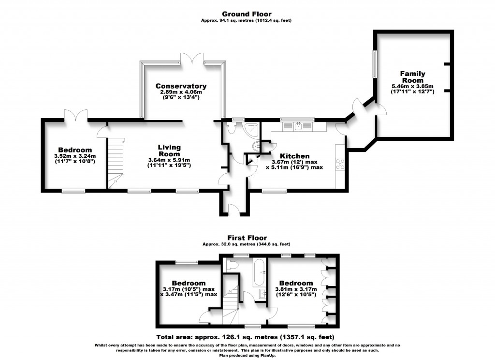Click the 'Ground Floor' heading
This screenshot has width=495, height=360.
coord(247,14)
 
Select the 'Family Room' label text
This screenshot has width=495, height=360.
coord(412,77)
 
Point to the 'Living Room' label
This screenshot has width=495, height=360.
coord(169,150)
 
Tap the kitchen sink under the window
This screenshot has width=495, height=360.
coord(299,127)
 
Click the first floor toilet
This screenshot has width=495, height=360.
coord(232,265)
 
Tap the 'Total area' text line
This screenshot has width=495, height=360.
coord(245,337)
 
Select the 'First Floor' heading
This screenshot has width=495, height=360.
coord(247,238)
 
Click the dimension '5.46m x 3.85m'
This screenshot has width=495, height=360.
coord(412,87)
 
